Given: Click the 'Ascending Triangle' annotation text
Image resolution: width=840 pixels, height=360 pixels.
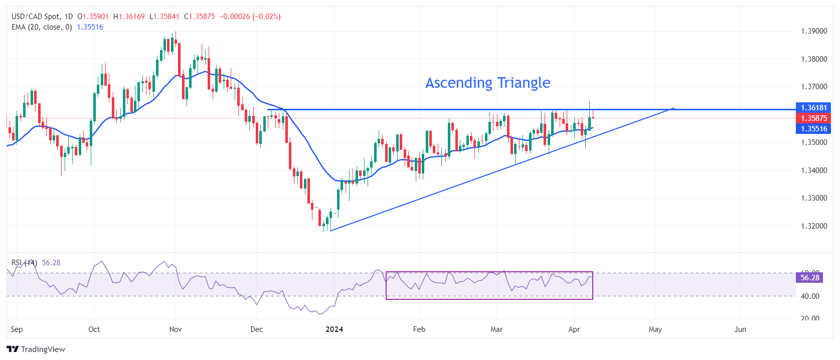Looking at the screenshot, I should tap(487, 83).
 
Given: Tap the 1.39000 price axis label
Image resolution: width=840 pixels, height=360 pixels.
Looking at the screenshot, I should tap(813, 31).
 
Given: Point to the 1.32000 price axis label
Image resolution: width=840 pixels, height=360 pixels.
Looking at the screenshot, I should tap(813, 226).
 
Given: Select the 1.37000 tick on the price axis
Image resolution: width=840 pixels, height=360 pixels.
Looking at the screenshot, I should tap(813, 87).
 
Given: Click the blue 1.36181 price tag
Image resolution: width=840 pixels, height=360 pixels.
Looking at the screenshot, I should tap(813, 108).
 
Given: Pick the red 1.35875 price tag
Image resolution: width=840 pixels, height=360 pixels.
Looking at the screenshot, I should tap(813, 118).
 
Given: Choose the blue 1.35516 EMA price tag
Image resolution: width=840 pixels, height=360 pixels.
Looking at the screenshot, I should tap(813, 129).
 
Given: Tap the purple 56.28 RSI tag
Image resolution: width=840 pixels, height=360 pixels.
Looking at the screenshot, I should tap(809, 278).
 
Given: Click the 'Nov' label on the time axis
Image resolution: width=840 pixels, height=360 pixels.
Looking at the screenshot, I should tap(176, 329).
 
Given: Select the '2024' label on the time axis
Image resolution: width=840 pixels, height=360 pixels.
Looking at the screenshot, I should tap(334, 329).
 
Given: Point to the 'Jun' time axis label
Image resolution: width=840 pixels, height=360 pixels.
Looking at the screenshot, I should tap(740, 329).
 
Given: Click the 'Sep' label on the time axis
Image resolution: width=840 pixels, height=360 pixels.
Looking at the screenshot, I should tap(17, 329).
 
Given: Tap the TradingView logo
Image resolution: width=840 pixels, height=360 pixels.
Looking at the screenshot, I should tap(36, 349).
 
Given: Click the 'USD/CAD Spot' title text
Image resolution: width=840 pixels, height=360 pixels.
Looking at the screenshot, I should tap(36, 17).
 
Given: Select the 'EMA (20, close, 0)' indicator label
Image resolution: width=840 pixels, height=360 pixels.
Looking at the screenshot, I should tap(42, 27).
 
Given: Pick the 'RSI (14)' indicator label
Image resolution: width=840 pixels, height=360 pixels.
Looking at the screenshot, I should tap(24, 263).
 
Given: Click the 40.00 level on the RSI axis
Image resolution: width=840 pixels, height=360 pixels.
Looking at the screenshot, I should tap(810, 296).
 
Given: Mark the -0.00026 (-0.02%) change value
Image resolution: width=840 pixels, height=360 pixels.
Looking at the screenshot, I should tap(250, 17).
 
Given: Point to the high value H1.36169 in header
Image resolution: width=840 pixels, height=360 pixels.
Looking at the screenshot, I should tap(129, 17).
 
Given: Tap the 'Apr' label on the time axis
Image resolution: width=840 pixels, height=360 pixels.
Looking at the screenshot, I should tap(574, 329).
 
